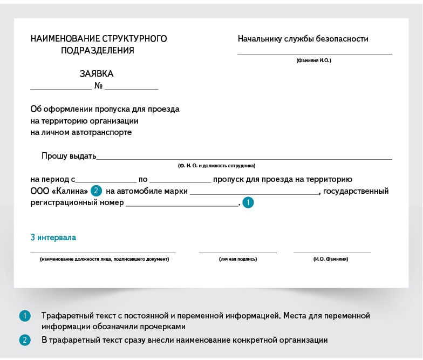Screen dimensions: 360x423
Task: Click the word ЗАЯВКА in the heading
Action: click(97, 74)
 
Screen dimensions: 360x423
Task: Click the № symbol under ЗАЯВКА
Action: click(99, 86)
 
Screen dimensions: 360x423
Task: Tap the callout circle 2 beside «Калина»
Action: click(96, 191)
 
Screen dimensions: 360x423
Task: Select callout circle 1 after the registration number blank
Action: click(248, 203)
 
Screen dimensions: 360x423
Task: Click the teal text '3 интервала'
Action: click(53, 237)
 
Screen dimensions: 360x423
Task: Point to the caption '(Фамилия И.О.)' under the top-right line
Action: click(314, 60)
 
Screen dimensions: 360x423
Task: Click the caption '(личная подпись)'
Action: click(238, 259)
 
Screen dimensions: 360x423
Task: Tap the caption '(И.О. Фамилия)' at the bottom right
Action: click(331, 259)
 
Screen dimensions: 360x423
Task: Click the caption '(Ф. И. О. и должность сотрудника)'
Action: click(216, 166)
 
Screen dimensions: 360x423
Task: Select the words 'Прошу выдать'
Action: click(69, 156)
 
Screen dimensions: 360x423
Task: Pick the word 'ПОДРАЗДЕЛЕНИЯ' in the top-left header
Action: click(98, 51)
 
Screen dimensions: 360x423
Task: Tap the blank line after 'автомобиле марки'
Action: click(254, 193)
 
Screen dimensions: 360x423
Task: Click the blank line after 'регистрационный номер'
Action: click(181, 205)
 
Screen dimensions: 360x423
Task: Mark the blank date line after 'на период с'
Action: click(106, 182)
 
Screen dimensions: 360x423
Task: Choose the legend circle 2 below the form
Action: click(25, 340)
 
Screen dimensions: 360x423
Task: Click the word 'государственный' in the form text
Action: click(357, 191)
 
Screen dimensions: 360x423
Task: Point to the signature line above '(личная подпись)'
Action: click(237, 252)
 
